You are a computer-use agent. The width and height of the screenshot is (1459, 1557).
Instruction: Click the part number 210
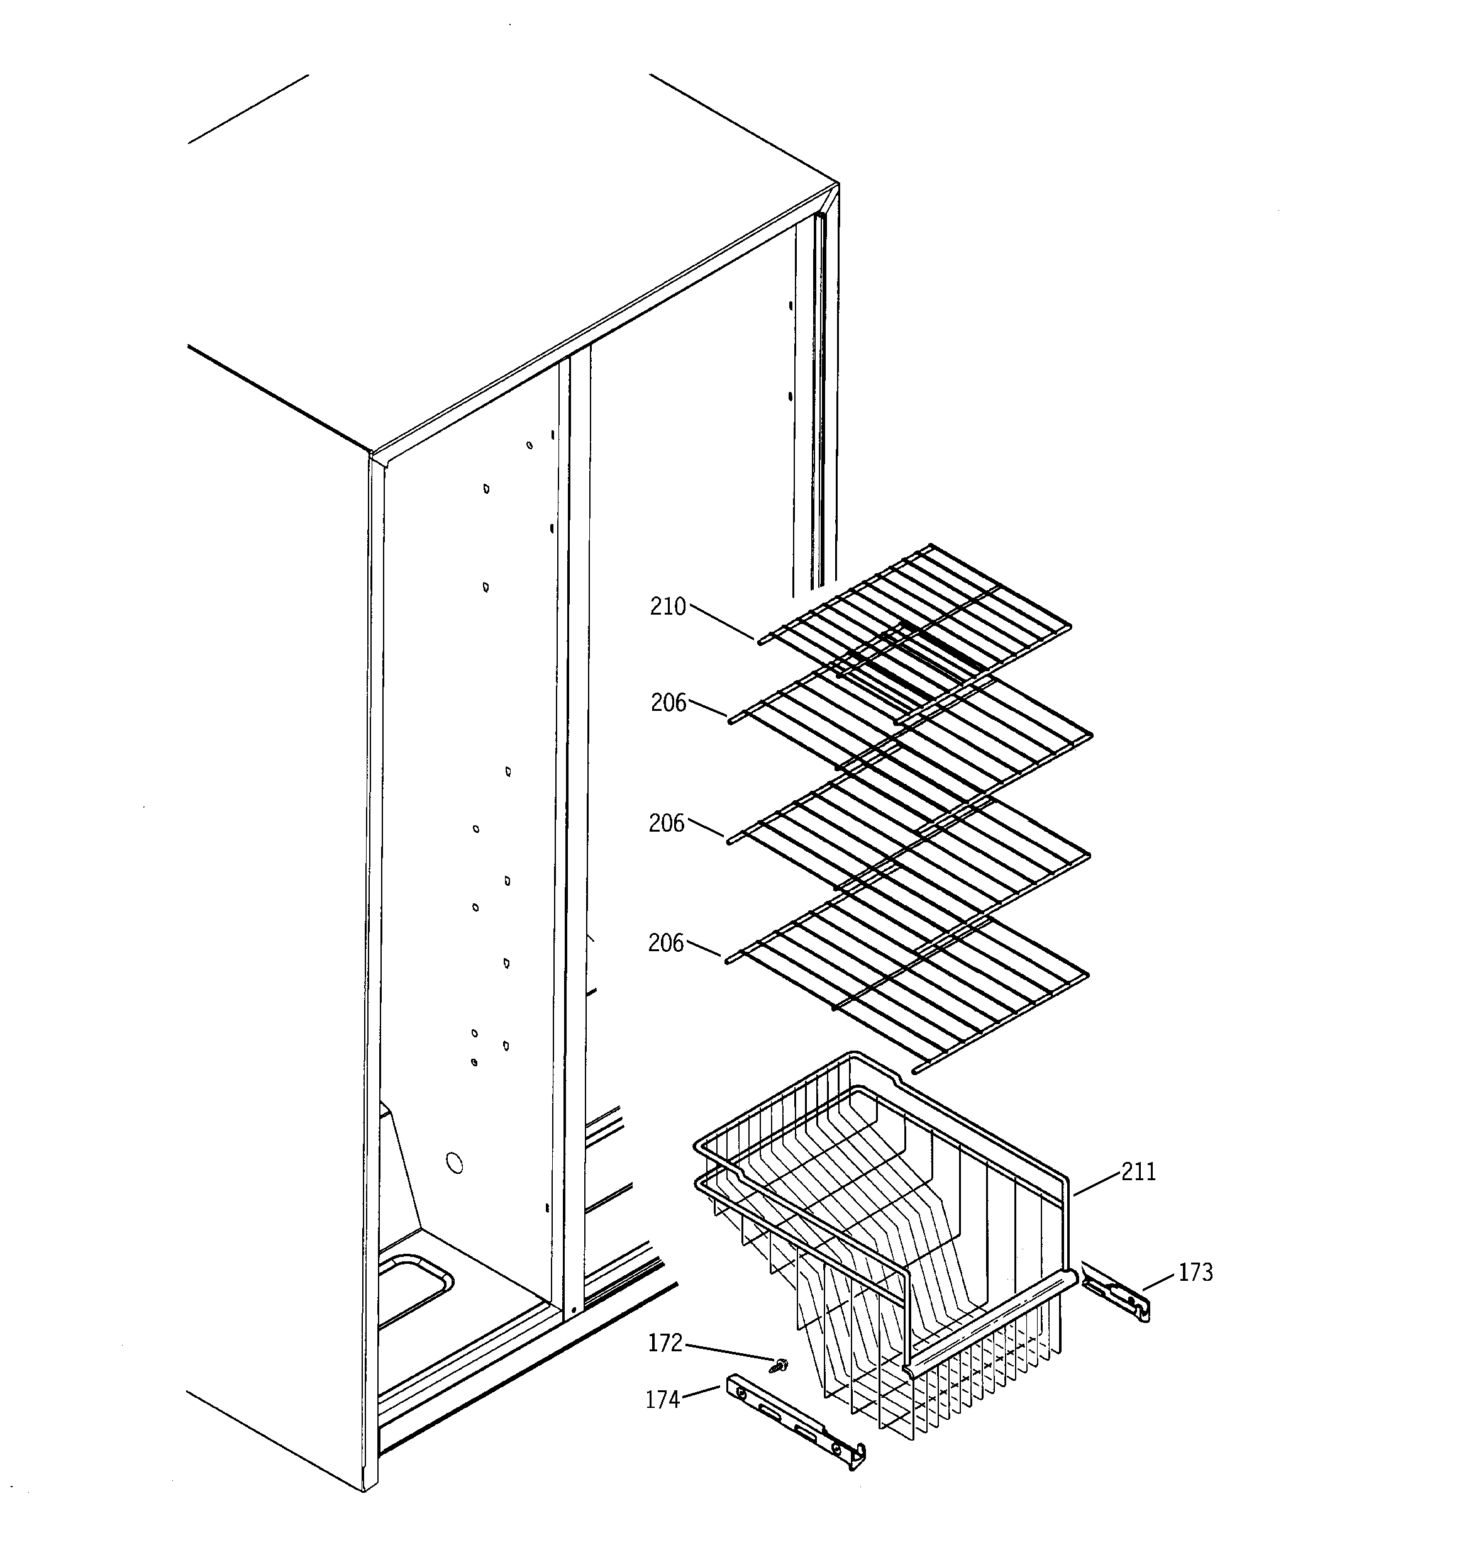coord(667,607)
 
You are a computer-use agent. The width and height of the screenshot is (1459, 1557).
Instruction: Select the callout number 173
coord(1195,1273)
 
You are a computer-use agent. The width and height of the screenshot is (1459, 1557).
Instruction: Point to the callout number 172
coord(665,1343)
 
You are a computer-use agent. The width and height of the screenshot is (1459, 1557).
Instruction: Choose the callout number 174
coord(663,1400)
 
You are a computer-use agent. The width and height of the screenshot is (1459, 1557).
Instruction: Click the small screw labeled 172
coord(779,1366)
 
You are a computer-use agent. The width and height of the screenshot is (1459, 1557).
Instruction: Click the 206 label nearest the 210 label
coord(668,703)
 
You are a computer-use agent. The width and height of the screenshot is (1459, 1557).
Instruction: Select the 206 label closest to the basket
coord(666,943)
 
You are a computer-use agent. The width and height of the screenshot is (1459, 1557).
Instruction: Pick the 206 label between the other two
coord(667,823)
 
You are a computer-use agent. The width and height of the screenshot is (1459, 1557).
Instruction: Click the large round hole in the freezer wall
coord(453,1163)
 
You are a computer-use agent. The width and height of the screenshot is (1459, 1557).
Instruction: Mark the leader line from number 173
coord(1159,1282)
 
